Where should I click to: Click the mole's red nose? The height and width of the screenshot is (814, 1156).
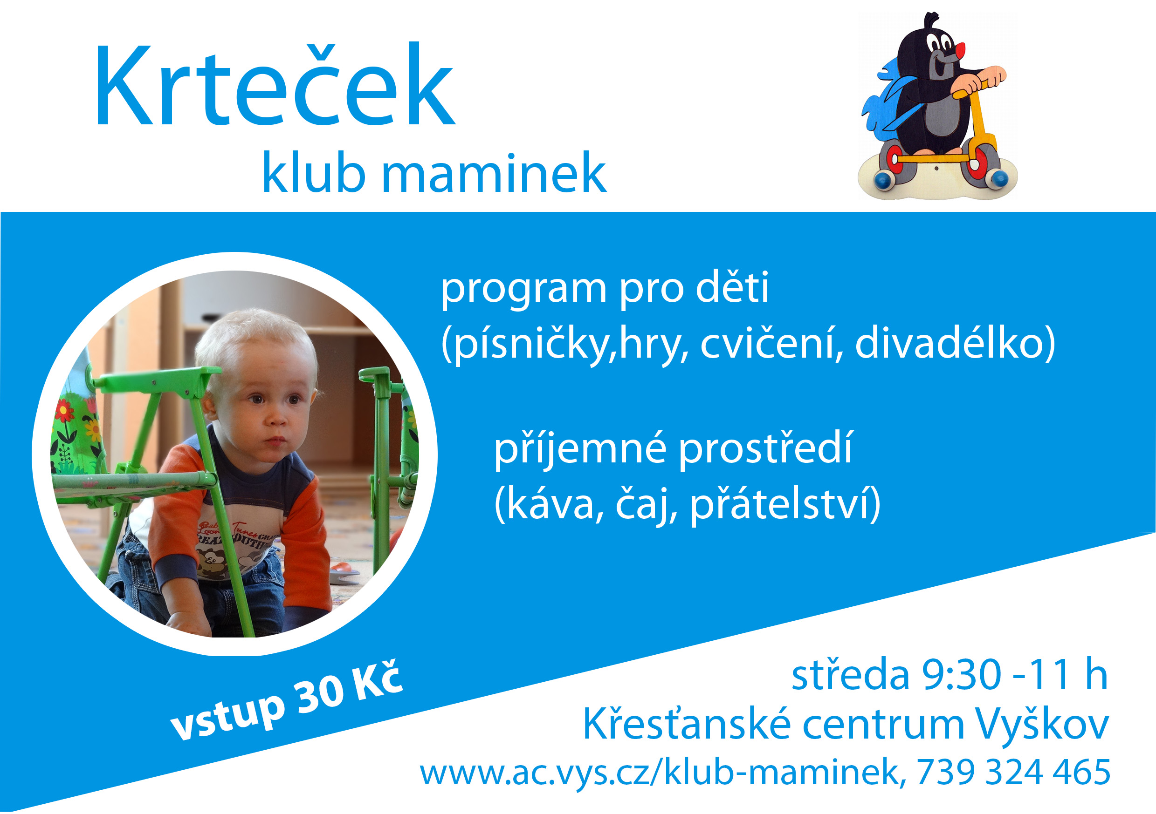(961, 50)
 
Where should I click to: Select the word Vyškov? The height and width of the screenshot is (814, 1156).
(1042, 726)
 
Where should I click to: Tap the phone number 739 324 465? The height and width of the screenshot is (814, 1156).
(1013, 772)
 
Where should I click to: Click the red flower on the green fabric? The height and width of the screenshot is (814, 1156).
(64, 411)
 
